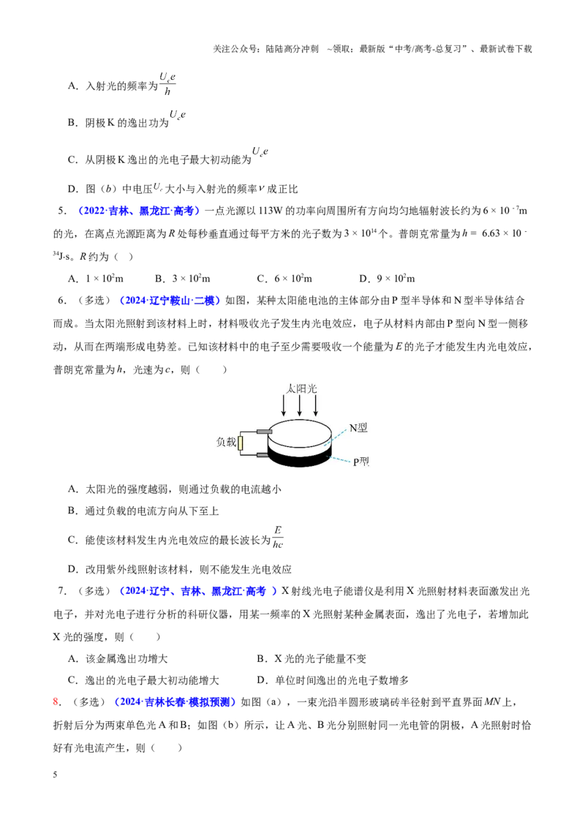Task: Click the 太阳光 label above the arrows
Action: pos(301,388)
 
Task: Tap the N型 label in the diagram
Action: pos(358,428)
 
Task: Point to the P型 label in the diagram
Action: pos(361,462)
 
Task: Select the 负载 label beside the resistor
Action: pos(226,442)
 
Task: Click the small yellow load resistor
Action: pos(241,443)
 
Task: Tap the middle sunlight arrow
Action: pos(299,405)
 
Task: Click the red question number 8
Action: pos(56,701)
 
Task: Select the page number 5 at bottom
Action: pos(55,775)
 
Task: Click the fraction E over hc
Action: pos(278,538)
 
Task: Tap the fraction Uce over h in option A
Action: pos(167,84)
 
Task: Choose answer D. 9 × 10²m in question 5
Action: pos(387,278)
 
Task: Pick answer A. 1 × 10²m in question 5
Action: pos(96,278)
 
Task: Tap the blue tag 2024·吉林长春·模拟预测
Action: pos(175,701)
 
